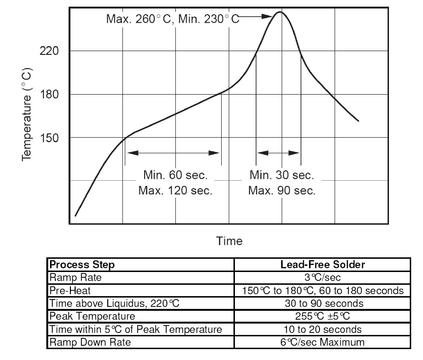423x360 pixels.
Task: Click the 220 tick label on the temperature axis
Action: [x=49, y=51]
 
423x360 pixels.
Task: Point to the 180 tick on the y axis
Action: [x=49, y=94]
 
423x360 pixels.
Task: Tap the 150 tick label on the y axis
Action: [x=49, y=138]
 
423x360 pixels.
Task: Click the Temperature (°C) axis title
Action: [x=28, y=114]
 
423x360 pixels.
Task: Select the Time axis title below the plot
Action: [x=229, y=241]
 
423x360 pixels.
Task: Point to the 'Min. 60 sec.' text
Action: [x=175, y=176]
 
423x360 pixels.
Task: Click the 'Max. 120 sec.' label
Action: [x=175, y=191]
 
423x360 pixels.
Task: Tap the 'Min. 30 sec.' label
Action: [x=282, y=176]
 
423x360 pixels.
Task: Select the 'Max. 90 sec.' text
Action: [x=282, y=191]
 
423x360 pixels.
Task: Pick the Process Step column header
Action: [x=82, y=264]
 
